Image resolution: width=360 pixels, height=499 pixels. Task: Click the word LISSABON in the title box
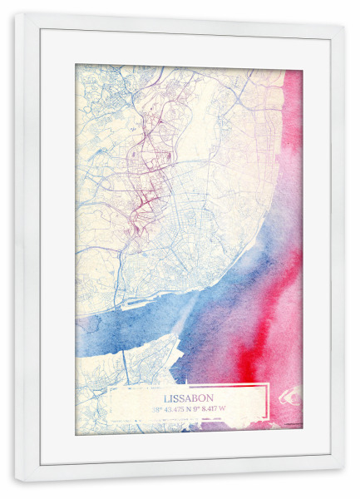coord(190,398)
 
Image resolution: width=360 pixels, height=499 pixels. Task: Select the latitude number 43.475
coord(178,409)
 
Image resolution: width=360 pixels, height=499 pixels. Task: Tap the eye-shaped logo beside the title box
coord(292,396)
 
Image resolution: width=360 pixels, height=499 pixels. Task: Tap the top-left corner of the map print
coord(76,65)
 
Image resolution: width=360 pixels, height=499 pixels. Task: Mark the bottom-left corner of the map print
coord(76,432)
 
